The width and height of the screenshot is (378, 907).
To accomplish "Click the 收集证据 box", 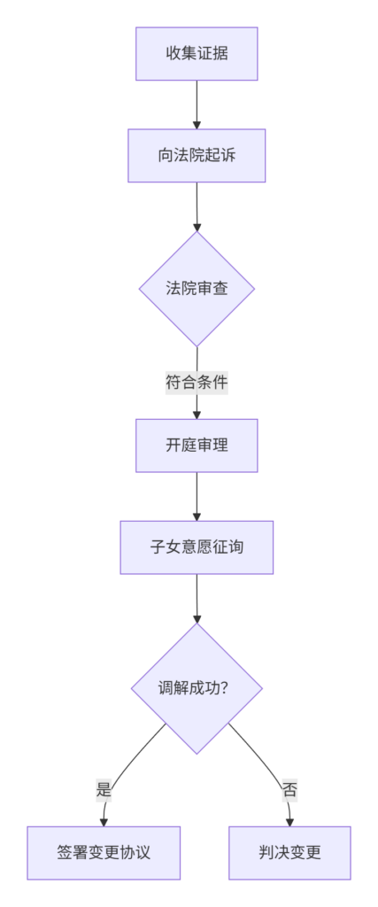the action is click(x=197, y=54).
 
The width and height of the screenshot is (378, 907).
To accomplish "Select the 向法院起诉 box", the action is click(x=197, y=156).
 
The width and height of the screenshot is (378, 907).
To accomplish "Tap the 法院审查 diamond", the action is click(x=197, y=289).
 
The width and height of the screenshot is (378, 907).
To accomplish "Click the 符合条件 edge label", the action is click(x=197, y=383).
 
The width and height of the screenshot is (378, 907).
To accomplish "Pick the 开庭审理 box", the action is click(x=197, y=446).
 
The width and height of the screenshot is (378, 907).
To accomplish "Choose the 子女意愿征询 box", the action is click(x=197, y=547).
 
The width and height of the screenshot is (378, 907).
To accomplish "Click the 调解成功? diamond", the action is click(x=197, y=688).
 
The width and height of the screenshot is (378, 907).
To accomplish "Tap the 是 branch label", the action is click(x=104, y=789).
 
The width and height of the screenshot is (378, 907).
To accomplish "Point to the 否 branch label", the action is click(x=289, y=789).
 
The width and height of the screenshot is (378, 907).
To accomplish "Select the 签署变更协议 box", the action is click(x=104, y=853).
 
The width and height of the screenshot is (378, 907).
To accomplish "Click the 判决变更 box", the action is click(x=289, y=853).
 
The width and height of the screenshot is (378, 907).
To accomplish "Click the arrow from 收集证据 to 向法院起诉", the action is click(x=197, y=105).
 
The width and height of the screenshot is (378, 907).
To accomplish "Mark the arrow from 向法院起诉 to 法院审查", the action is click(x=197, y=206).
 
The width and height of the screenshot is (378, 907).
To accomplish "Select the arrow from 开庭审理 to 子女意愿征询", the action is click(x=197, y=496).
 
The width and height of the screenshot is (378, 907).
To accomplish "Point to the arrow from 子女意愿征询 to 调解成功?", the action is click(x=197, y=598).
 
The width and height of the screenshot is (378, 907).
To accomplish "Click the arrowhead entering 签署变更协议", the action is click(x=104, y=822).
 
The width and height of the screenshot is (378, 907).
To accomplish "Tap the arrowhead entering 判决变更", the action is click(x=289, y=822).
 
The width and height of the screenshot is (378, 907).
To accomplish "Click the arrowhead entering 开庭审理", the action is click(x=197, y=415).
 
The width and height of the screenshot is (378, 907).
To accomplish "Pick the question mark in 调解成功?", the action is click(x=224, y=688).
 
